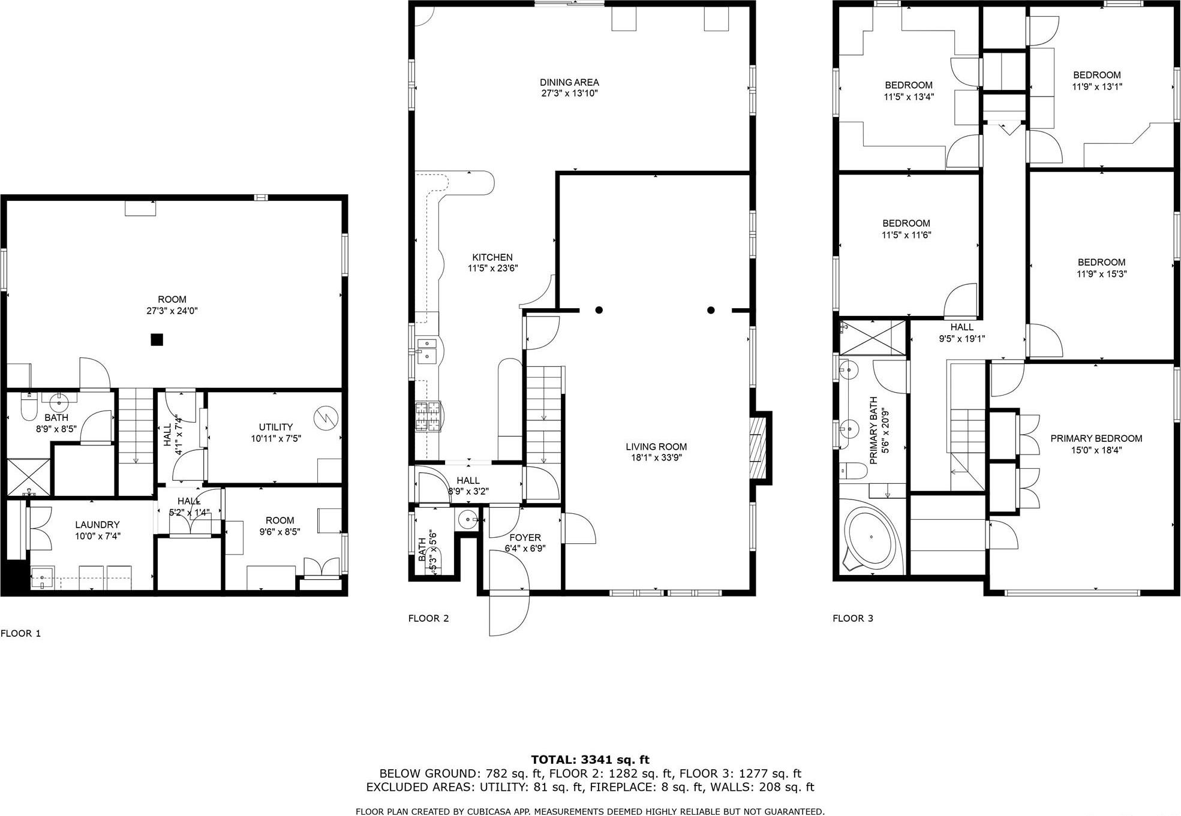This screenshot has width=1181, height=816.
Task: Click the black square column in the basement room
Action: (157, 340)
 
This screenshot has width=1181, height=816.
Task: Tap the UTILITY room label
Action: (276, 427)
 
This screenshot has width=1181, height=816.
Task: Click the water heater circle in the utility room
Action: (326, 418)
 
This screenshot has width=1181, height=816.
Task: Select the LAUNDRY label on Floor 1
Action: (97, 525)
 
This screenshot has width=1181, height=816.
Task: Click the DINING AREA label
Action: (569, 82)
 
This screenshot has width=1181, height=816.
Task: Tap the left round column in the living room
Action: (599, 310)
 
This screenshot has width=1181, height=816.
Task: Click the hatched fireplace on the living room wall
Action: (759, 447)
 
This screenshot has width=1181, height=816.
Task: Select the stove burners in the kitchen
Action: (428, 417)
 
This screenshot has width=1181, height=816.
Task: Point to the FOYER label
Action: (524, 538)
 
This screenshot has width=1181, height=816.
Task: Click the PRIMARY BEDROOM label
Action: (1096, 439)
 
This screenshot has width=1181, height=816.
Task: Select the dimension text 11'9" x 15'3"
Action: (1101, 274)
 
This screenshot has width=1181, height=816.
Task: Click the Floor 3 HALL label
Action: (961, 327)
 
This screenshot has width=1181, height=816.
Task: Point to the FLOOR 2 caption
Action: (428, 618)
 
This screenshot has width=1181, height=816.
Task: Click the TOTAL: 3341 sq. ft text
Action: (590, 760)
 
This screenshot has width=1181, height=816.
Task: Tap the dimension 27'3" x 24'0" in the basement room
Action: (172, 311)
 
